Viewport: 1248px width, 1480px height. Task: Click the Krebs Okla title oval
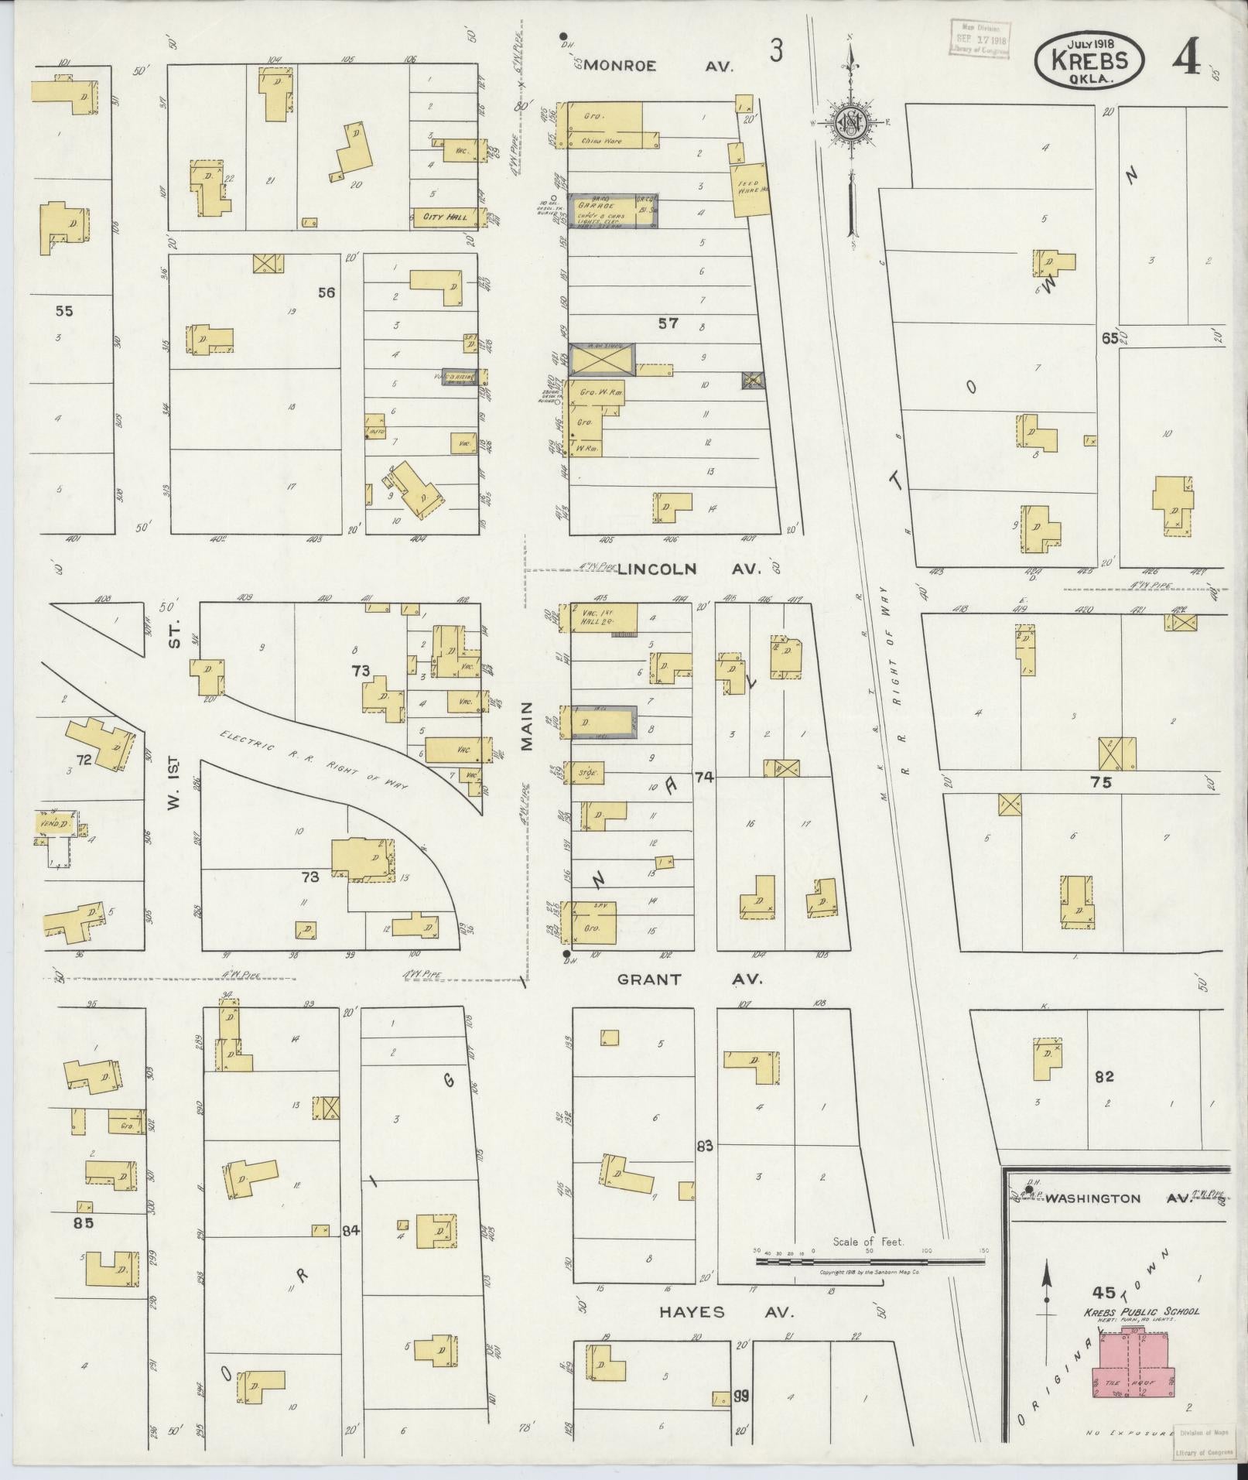pyautogui.click(x=1090, y=61)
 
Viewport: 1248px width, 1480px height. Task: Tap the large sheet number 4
pyautogui.click(x=1185, y=57)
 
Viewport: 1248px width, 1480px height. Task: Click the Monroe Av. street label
pyautogui.click(x=658, y=66)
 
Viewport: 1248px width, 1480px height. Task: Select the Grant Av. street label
pyautogui.click(x=689, y=979)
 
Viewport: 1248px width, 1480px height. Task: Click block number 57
pyautogui.click(x=668, y=323)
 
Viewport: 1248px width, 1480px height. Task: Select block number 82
pyautogui.click(x=1104, y=1076)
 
